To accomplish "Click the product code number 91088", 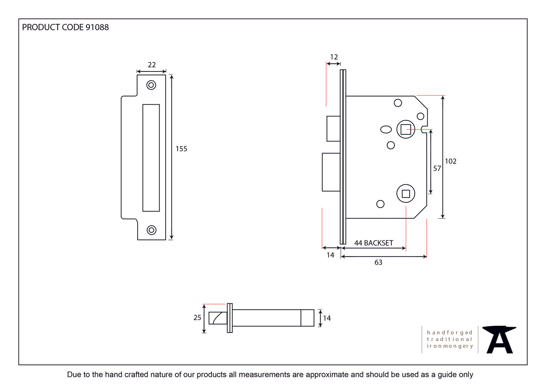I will point(97,27).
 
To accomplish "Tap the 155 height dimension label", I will point(181,149).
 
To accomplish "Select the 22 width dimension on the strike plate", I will point(152,65).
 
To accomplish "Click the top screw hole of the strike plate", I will point(152,85).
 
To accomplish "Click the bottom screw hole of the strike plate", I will point(152,230).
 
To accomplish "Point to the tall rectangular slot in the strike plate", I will point(151,158).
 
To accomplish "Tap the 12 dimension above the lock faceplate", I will point(333,57).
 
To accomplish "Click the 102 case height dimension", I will point(450,161).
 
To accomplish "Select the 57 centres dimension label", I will point(437,169).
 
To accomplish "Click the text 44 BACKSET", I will point(373,243).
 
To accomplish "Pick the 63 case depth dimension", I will point(378,262).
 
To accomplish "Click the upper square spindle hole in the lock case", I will point(406,130).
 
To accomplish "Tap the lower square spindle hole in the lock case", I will point(406,194).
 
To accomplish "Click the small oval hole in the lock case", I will point(386,129).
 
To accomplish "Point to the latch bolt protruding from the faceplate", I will point(333,128).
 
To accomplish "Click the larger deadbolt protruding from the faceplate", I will point(331,172).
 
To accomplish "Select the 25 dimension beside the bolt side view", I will point(197,318).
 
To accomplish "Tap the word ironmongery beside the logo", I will point(450,346).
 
